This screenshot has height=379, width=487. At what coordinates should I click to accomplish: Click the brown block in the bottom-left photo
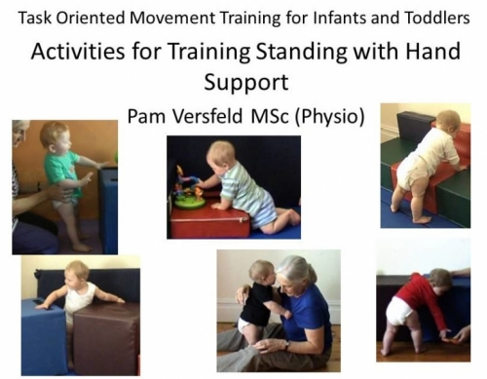coord(105,337)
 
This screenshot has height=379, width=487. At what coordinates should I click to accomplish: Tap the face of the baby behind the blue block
coord(75,278)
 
